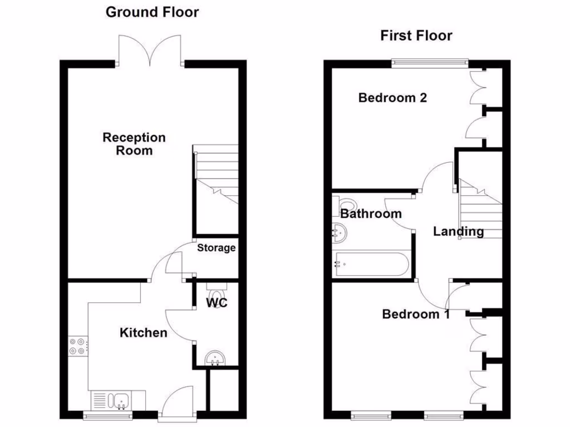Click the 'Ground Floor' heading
152,12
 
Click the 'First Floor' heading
416,36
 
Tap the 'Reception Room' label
134,143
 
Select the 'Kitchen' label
144,332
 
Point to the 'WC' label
216,303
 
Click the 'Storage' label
216,248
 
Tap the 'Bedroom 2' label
392,98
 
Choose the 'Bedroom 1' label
416,314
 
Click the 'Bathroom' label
371,213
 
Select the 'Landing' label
458,231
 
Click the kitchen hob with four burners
77,346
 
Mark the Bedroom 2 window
429,63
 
